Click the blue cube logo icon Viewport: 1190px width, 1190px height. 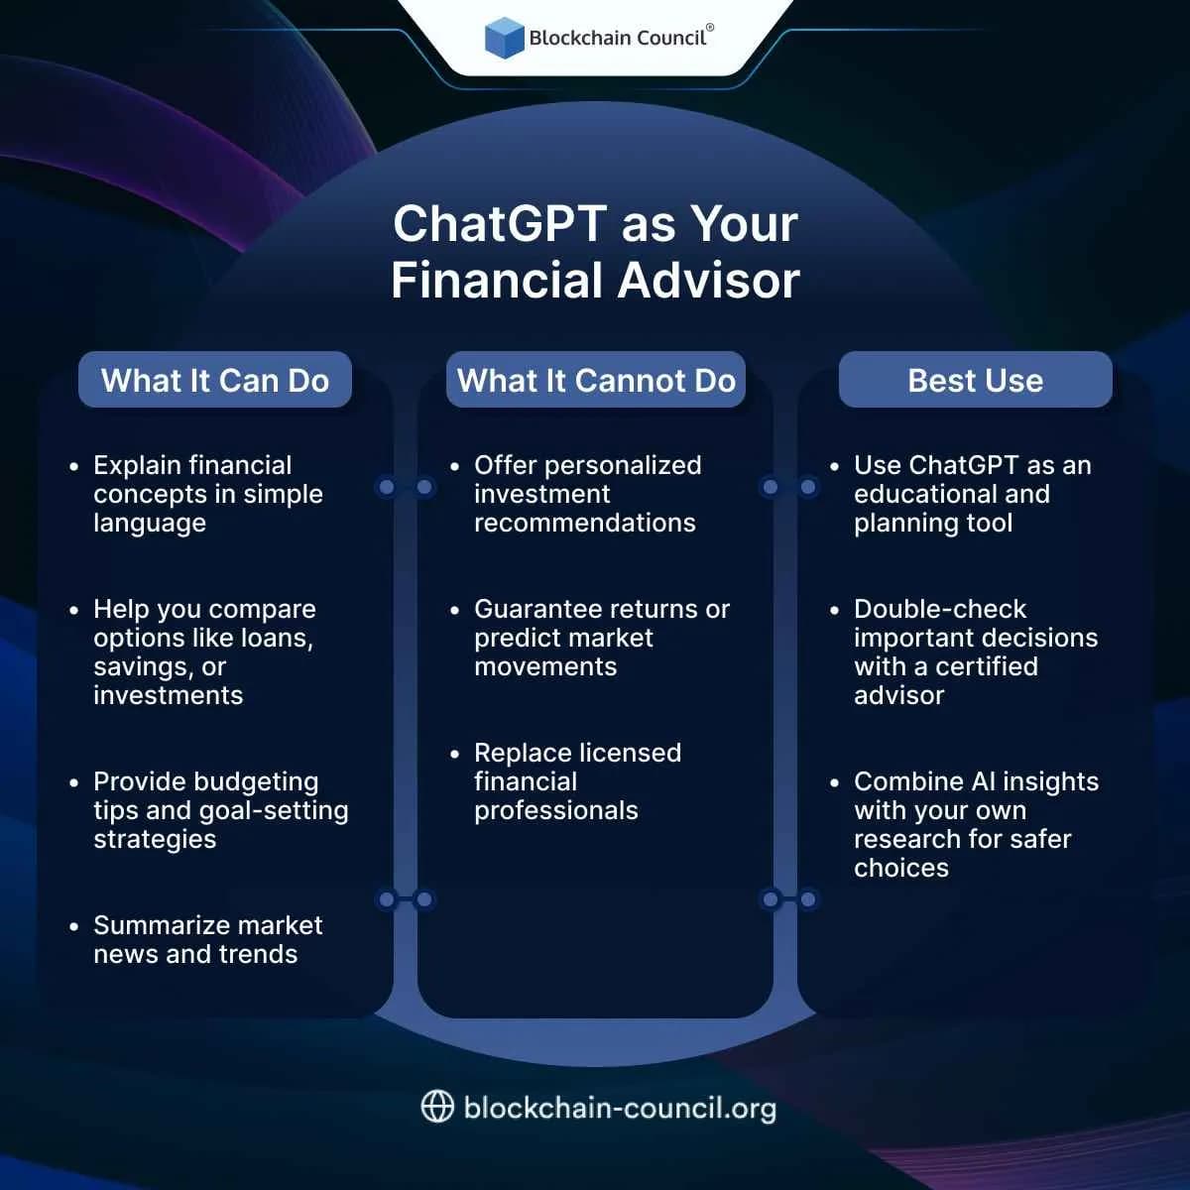coord(504,38)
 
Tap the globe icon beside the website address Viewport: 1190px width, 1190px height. coord(437,1107)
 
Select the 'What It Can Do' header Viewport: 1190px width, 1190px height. coord(215,380)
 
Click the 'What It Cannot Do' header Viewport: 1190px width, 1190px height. coord(596,380)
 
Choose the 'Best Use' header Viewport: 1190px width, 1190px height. coord(976,380)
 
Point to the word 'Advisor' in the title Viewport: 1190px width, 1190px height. coord(710,281)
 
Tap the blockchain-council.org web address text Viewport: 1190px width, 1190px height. coord(620,1108)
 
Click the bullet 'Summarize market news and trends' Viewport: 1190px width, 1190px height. coord(208,939)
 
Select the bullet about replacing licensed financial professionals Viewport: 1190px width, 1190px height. coord(577,781)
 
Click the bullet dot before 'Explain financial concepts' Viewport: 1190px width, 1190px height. coord(73,466)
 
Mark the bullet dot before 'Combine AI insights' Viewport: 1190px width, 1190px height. coord(834,782)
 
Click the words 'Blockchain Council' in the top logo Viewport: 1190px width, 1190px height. coord(617,39)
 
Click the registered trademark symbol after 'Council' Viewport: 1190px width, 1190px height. coord(710,29)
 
